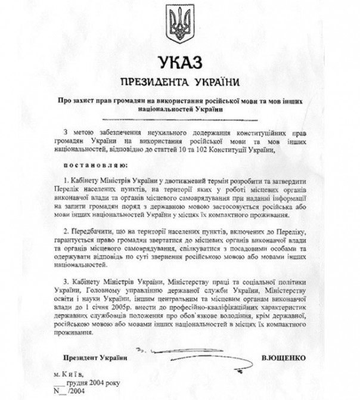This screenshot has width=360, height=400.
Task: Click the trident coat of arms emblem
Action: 179,24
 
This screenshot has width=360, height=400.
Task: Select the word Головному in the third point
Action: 98,289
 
